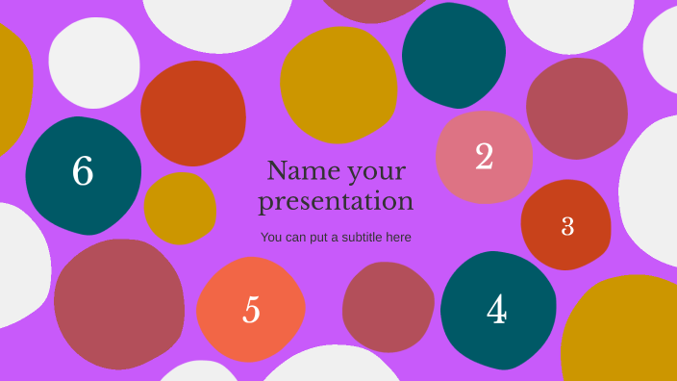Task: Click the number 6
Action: pos(83,171)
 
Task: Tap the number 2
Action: pos(484,156)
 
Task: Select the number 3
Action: pos(567,226)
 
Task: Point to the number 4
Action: pos(496,310)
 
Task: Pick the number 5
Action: pos(251,310)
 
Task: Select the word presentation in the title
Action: pos(336,201)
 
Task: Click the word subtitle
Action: pos(355,237)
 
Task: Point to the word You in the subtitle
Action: pos(271,237)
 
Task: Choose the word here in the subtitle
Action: pos(398,237)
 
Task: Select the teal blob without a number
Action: pos(453,55)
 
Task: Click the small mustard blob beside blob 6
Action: pos(180,208)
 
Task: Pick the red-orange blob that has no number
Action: pos(192,112)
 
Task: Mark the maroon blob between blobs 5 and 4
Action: pos(388,306)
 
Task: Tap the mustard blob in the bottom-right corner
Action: pos(622,332)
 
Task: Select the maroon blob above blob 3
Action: pos(576,108)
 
